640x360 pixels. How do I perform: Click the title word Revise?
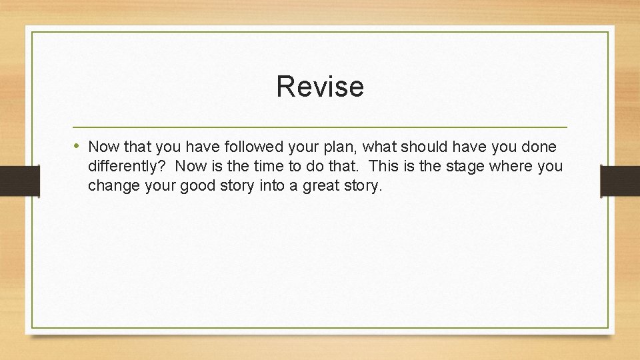coord(320,87)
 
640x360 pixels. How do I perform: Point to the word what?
coord(379,147)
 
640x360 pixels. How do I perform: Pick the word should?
coord(423,147)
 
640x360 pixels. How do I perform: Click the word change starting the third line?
coord(110,185)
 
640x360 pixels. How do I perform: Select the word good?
coord(199,185)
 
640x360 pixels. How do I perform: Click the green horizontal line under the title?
coord(320,127)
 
